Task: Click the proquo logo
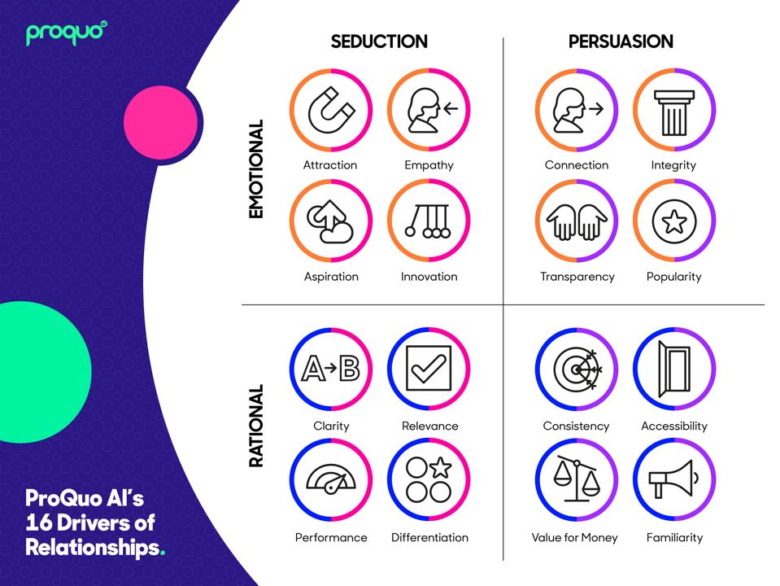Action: [66, 33]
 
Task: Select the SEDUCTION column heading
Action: [379, 42]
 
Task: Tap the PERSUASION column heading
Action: [621, 42]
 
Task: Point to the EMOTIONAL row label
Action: [256, 169]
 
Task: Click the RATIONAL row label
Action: [256, 426]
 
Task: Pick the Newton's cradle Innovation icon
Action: [429, 221]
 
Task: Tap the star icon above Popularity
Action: [673, 221]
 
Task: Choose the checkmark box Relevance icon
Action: [429, 369]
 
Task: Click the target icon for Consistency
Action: [576, 369]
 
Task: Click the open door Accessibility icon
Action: [673, 369]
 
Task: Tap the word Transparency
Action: [577, 277]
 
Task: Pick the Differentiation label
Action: [429, 538]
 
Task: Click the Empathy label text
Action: [429, 165]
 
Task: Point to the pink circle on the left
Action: [161, 123]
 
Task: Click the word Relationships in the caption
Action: [92, 547]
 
